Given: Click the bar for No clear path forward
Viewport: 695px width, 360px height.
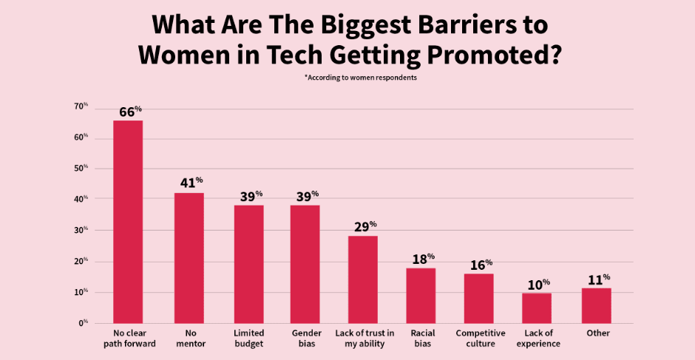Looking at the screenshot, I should (x=128, y=222).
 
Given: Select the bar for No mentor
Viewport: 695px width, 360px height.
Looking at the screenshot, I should (x=189, y=258).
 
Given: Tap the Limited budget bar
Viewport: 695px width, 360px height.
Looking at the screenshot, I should (x=249, y=264).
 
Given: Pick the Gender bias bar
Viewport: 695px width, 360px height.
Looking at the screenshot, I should (x=305, y=264).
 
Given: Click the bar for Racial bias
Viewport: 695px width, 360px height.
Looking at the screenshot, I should (x=421, y=295).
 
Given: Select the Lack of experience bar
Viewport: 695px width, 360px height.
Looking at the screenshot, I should (x=537, y=308).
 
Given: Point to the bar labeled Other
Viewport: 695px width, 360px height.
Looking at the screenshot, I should (x=596, y=305).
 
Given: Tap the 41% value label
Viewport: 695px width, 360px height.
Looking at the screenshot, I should (x=190, y=182).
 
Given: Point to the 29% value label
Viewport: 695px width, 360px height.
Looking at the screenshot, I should (x=365, y=225).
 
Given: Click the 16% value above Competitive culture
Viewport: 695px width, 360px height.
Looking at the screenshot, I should (x=480, y=264).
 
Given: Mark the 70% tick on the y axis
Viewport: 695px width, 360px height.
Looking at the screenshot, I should (x=81, y=106).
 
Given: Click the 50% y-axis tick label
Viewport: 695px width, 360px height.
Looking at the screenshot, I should (x=81, y=169).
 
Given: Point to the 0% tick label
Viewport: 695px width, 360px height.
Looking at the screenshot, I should (x=83, y=323).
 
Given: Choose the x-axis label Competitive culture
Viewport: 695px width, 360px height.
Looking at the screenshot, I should (x=478, y=339).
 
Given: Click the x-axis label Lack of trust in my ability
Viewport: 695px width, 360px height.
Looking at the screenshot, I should (x=365, y=339).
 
